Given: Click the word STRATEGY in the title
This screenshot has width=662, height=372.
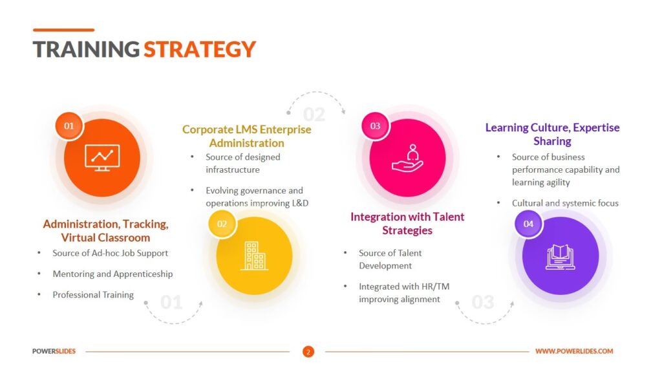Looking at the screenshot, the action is tap(200, 49).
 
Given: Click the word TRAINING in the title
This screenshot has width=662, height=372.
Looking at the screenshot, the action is tap(86, 49).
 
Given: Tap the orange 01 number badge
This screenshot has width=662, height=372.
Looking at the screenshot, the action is tap(69, 126).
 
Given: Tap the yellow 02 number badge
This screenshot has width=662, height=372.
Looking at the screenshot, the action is tap(222, 224).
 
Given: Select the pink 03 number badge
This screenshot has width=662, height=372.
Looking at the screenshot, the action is tap(376, 126).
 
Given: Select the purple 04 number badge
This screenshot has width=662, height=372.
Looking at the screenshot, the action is tap(528, 224).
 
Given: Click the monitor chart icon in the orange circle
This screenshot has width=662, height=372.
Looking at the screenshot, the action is tap(102, 158).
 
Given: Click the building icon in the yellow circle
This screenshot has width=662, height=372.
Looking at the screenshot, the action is tap(255, 256).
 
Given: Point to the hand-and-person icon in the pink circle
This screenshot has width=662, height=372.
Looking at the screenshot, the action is tap(407, 158).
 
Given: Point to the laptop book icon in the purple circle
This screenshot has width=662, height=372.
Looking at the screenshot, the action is tap(561, 257).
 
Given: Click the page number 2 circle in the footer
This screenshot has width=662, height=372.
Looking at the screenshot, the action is tap(308, 352).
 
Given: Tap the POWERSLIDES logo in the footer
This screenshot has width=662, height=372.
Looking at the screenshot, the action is tap(54, 351).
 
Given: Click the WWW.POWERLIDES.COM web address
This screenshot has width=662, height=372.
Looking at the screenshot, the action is tap(574, 351).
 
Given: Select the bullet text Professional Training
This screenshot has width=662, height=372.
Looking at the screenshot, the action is tap(93, 294).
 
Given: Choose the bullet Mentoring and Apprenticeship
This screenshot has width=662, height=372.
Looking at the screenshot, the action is tap(112, 274).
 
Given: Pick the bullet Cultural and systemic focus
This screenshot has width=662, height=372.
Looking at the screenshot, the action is tap(565, 203).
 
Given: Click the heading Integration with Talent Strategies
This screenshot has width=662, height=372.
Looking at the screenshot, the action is tap(407, 224).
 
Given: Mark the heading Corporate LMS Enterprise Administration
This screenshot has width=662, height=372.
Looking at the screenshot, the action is tap(247, 136).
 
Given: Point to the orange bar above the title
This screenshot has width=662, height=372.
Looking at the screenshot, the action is tap(63, 30).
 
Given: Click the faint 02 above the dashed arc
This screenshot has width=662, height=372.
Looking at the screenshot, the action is tap(314, 115).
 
